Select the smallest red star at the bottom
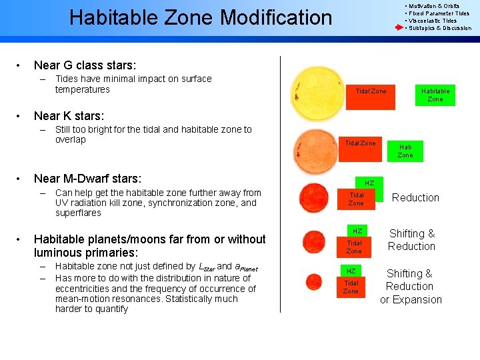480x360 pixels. [313, 281]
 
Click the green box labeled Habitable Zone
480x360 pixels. [435, 95]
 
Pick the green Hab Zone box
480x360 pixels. [405, 151]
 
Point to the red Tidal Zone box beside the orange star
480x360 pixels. [360, 143]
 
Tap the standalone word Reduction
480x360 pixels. [415, 197]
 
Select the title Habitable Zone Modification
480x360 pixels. [201, 17]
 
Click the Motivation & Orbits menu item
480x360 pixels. [434, 6]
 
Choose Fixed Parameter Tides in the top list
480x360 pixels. [439, 13]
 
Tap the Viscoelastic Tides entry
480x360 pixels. [433, 21]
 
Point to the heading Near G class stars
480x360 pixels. [85, 65]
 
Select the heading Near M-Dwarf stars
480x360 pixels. [87, 179]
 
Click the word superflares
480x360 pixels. [78, 213]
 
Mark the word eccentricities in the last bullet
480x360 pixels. [81, 289]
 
